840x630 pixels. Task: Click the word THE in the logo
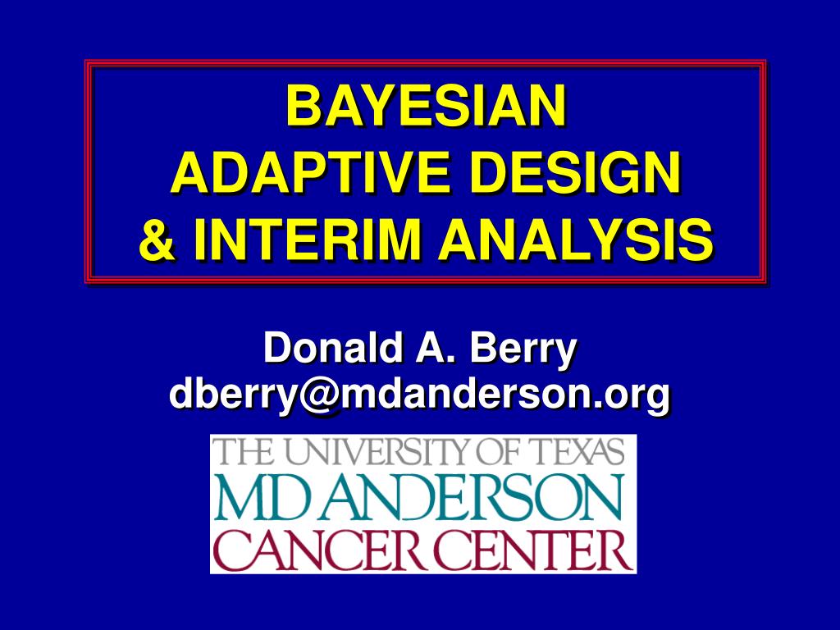242,452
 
